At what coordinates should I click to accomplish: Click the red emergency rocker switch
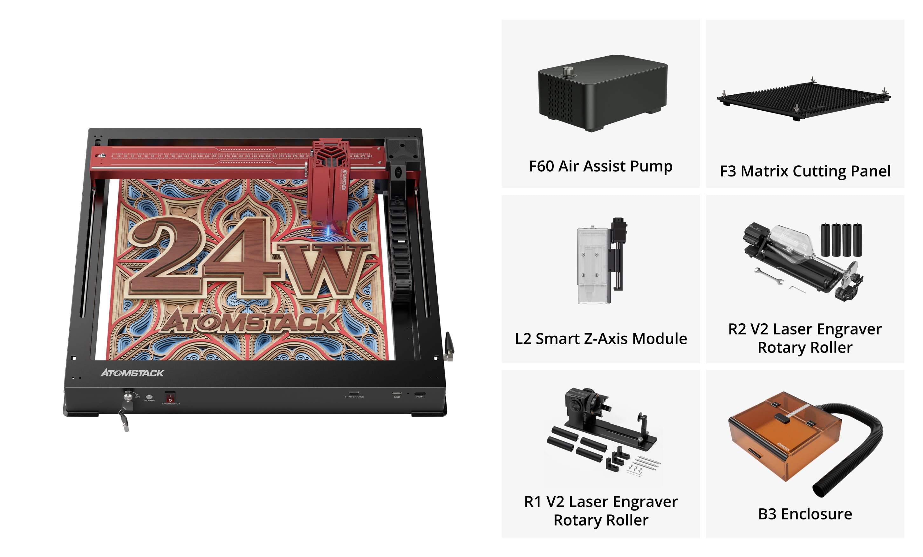tap(170, 397)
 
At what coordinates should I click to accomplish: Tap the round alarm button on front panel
tap(149, 396)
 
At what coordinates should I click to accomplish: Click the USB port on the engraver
tap(397, 393)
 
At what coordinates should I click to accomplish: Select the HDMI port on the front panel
tap(420, 393)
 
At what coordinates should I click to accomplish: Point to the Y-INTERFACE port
tap(354, 393)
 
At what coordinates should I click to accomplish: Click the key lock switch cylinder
tap(128, 397)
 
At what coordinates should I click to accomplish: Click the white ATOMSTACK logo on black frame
tap(132, 373)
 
